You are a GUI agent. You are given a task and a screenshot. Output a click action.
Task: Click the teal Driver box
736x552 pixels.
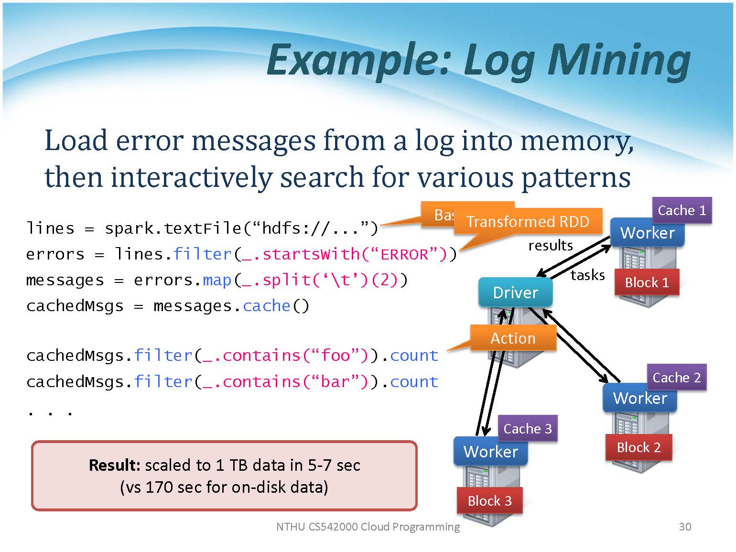pyautogui.click(x=515, y=292)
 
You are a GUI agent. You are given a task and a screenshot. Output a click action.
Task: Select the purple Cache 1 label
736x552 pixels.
pyautogui.click(x=682, y=210)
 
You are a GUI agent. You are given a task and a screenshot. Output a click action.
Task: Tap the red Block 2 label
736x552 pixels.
pyautogui.click(x=639, y=447)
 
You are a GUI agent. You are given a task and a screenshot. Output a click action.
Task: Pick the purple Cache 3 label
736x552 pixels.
pyautogui.click(x=527, y=428)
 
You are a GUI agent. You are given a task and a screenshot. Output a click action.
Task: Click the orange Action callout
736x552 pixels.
pyautogui.click(x=513, y=338)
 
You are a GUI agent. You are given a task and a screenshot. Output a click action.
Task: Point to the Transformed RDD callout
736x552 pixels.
pyautogui.click(x=528, y=222)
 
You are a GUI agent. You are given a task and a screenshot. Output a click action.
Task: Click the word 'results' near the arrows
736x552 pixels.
pyautogui.click(x=550, y=246)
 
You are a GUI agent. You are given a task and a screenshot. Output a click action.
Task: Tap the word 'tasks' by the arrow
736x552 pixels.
pyautogui.click(x=587, y=275)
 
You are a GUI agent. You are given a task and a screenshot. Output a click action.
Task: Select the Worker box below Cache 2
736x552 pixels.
pyautogui.click(x=639, y=398)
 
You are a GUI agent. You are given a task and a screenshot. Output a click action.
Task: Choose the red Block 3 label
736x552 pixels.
pyautogui.click(x=489, y=500)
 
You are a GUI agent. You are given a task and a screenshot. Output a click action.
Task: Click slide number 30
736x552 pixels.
pyautogui.click(x=685, y=527)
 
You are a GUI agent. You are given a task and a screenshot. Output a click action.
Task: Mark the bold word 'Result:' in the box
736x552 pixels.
pyautogui.click(x=114, y=465)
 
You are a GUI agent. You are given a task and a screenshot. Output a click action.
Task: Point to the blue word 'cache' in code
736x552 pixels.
pyautogui.click(x=266, y=306)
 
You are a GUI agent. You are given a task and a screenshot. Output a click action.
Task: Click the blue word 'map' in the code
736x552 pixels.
pyautogui.click(x=217, y=280)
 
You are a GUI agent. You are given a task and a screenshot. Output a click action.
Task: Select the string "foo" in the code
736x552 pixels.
pyautogui.click(x=336, y=356)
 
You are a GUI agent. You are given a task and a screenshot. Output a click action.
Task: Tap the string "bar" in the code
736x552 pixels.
pyautogui.click(x=336, y=382)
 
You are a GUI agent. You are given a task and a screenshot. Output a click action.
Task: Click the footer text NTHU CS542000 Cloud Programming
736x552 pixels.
pyautogui.click(x=368, y=527)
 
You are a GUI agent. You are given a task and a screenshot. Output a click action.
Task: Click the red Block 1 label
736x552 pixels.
pyautogui.click(x=647, y=282)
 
